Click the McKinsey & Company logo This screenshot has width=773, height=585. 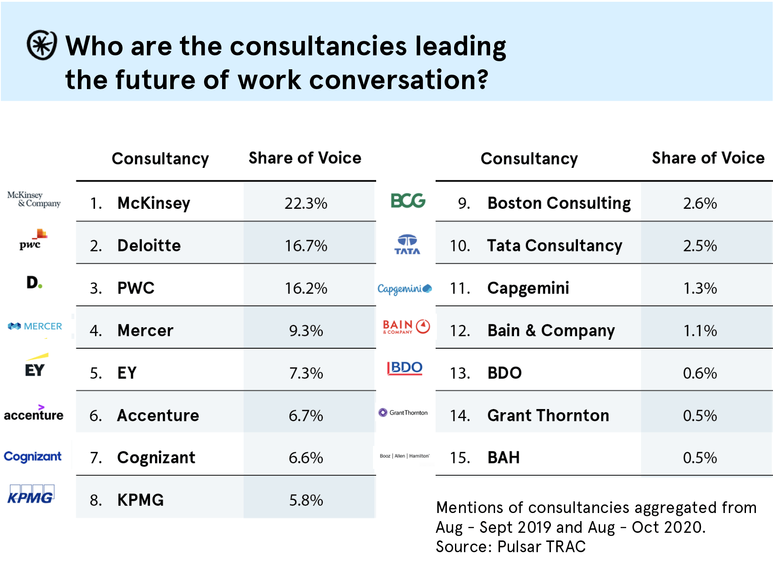click(34, 199)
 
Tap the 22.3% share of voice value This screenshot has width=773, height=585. click(306, 203)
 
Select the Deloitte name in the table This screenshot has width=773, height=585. click(149, 246)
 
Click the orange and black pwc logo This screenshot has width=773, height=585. click(32, 240)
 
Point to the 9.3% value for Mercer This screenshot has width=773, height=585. click(306, 331)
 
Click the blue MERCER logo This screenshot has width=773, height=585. click(35, 326)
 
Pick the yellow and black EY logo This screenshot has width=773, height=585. click(36, 365)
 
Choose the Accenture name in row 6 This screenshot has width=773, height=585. click(158, 415)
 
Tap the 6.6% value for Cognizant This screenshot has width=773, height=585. click(306, 458)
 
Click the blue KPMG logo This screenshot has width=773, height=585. click(31, 494)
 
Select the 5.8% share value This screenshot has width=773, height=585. click(306, 500)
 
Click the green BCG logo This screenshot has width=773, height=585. click(408, 201)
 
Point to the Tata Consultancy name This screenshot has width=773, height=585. click(554, 246)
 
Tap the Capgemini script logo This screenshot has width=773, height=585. click(405, 288)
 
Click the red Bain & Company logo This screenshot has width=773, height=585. click(406, 327)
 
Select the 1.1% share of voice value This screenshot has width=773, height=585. click(700, 331)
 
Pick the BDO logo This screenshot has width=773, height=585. click(405, 368)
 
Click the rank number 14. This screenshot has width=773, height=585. click(460, 415)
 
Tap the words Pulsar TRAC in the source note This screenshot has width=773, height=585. click(541, 546)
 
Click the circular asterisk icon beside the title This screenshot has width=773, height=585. click(42, 45)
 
